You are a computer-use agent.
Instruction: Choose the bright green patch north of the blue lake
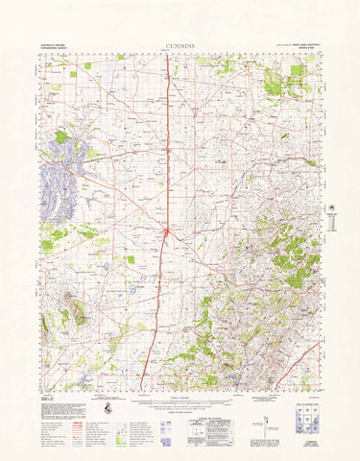(62, 137)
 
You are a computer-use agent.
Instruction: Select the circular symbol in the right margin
(333, 208)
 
